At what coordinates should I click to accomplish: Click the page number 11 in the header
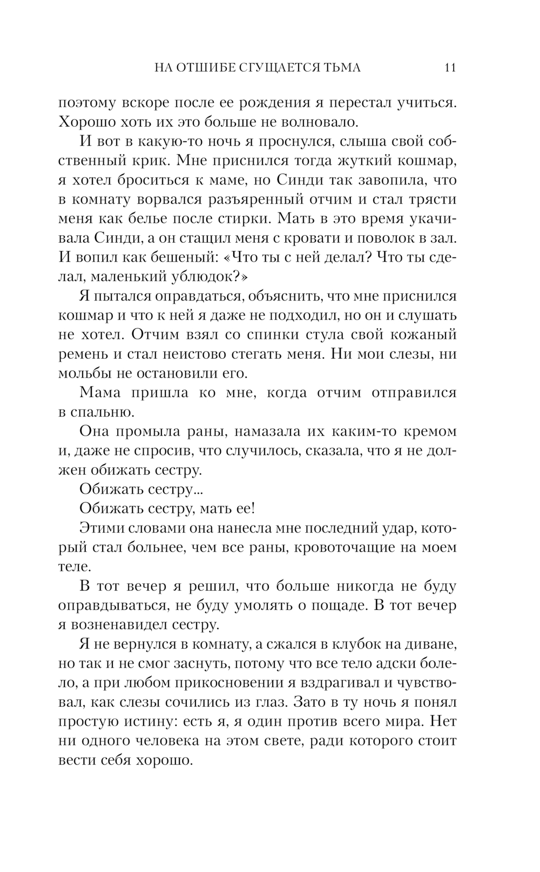[x=450, y=67]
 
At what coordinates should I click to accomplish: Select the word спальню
[x=103, y=412]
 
